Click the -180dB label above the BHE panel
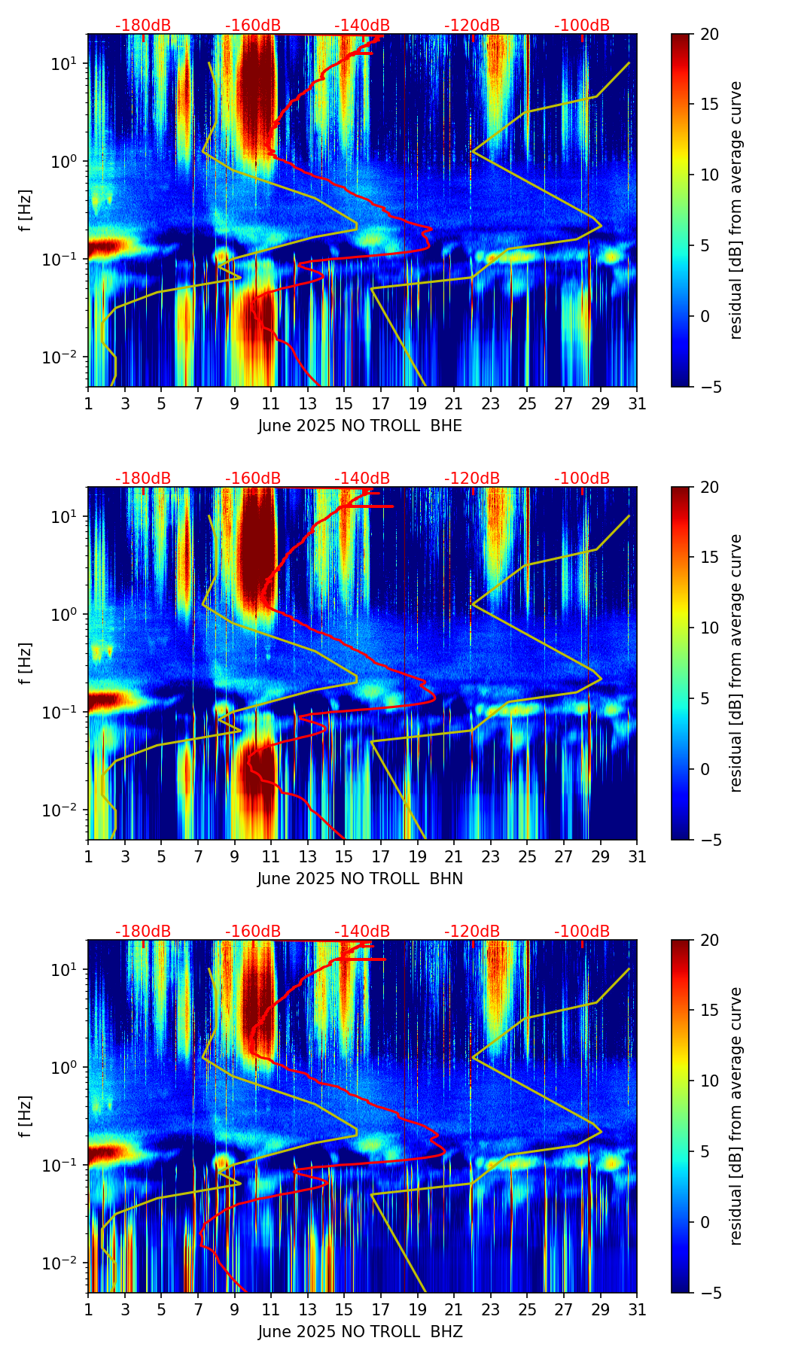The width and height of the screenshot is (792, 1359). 143,26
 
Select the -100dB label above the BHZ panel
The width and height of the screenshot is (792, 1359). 582,932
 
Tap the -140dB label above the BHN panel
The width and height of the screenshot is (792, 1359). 362,479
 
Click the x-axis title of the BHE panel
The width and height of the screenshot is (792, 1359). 360,426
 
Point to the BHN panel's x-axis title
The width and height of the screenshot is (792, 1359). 360,879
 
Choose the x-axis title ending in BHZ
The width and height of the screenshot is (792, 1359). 360,1332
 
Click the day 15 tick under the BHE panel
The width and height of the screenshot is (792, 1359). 343,404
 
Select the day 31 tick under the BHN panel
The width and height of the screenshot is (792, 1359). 637,857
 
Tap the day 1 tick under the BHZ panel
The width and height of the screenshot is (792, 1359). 88,1310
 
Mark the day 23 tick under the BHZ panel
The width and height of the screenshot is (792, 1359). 490,1310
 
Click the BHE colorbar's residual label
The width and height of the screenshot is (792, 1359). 736,210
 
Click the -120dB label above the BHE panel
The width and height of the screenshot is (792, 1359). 472,26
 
